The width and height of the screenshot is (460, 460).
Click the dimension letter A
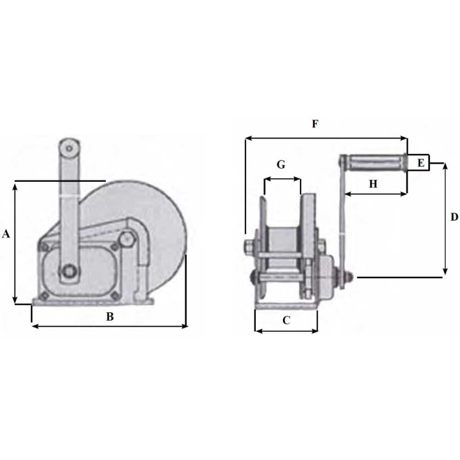pos(6,234)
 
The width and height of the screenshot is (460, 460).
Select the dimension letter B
pos(110,317)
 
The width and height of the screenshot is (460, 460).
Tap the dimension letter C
pos(286,320)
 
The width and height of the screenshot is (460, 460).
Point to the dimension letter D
pos(454,217)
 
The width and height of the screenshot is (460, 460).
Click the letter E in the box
pos(421,163)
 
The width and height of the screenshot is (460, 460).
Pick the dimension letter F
pos(315,124)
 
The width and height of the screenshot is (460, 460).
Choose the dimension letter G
pos(281,164)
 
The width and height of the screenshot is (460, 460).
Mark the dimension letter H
pos(373,184)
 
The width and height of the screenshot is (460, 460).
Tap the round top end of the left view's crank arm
pos(69,148)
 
